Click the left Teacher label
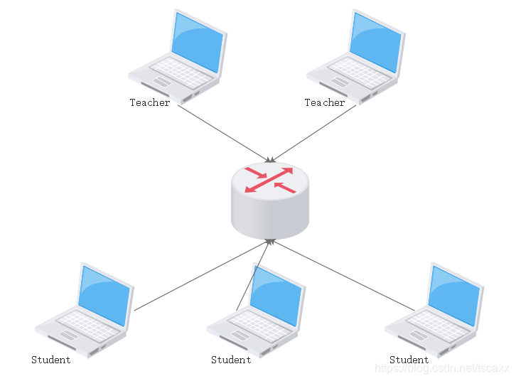(150, 103)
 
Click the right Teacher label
(325, 103)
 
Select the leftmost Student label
(51, 360)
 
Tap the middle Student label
(231, 360)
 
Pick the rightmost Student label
(409, 360)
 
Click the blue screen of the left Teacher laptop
(196, 42)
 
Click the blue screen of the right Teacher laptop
(375, 42)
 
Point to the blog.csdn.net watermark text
(442, 368)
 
